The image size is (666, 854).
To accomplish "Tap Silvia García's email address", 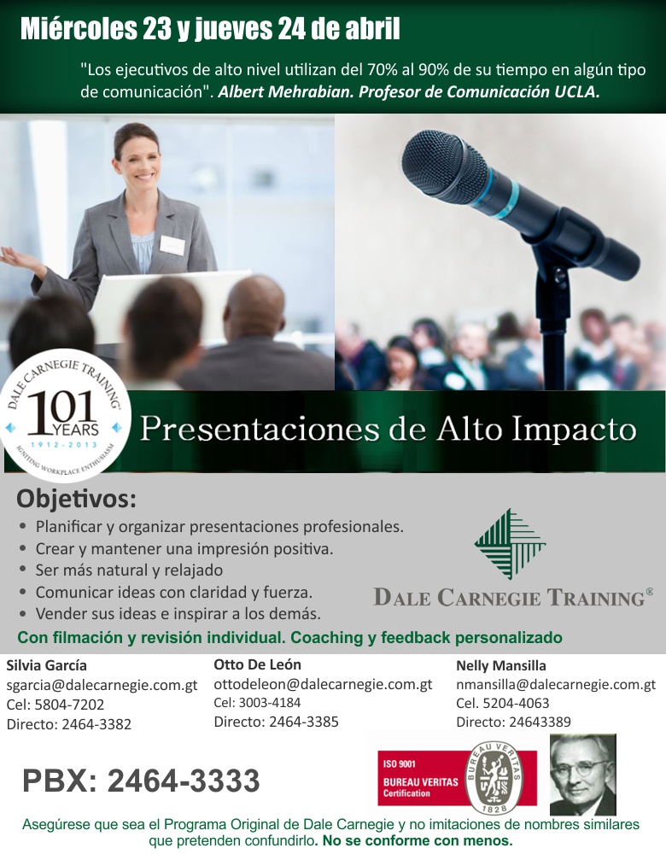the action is point(102,685).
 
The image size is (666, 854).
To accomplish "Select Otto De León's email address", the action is point(323,684).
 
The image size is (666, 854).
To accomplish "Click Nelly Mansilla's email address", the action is point(556,684).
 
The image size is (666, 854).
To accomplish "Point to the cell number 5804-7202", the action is point(69,705).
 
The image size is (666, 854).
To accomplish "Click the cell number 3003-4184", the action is point(270,703).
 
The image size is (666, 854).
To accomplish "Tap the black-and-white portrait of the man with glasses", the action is point(582,774).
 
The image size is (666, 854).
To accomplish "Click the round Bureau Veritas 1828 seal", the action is point(494,778).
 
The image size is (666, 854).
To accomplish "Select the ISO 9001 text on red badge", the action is point(399,763).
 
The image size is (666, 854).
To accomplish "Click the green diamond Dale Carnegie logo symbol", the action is point(510,543).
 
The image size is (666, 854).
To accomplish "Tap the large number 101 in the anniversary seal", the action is point(61,409).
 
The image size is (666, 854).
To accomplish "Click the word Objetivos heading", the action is point(76,499).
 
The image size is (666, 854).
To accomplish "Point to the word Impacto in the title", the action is point(574,430).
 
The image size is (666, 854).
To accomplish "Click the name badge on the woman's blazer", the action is point(172,245).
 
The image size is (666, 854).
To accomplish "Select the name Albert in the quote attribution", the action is point(242,91).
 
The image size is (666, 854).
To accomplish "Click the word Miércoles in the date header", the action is point(79,29).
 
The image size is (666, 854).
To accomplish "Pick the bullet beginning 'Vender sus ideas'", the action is point(178,613).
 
